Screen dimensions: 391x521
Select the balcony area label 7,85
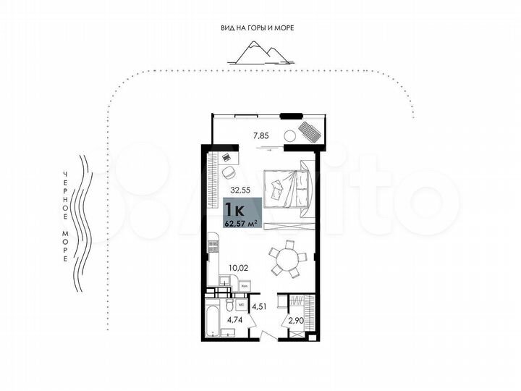tap(260, 135)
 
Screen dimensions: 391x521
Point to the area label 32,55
tap(240, 191)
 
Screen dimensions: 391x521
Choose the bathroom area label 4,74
tap(235, 317)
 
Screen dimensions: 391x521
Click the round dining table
tap(287, 258)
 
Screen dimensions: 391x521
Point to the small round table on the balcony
tap(289, 135)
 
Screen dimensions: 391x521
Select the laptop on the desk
tap(226, 156)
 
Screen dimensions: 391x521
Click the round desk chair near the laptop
tap(229, 172)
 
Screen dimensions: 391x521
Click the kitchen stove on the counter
tap(213, 245)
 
